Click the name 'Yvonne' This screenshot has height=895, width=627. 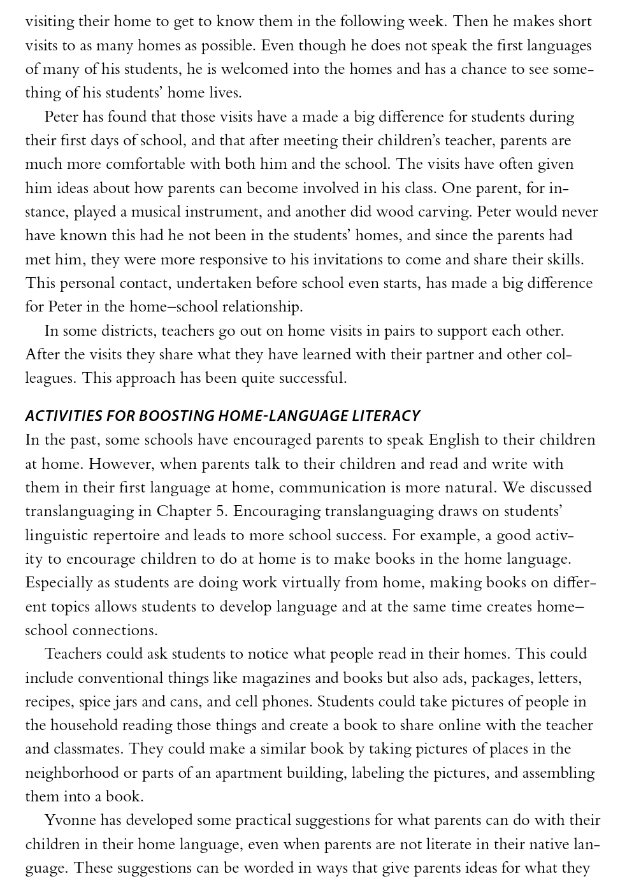point(69,820)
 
